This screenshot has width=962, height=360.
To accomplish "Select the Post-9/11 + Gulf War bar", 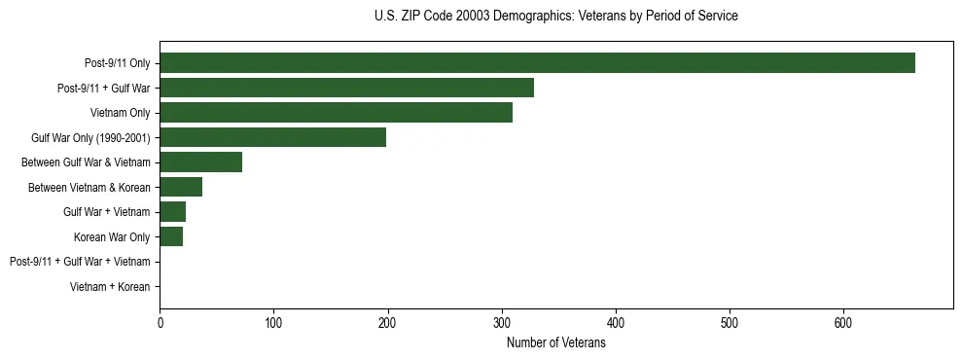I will pos(346,88).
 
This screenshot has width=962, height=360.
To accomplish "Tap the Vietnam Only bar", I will pos(336,113).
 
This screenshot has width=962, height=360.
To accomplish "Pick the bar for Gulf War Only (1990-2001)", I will pos(272,137).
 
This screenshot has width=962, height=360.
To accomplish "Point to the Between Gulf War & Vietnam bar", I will pos(200,162).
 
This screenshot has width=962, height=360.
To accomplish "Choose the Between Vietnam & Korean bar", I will pos(181,187).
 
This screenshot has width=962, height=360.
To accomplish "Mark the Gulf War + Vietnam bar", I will pos(172,212).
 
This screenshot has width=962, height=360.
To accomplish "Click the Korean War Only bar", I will pos(171,236).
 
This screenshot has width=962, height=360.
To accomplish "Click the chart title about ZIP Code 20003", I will pos(555,17).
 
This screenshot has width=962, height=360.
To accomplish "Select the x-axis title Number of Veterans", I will pos(555,343).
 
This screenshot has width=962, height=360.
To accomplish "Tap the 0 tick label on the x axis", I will pos(160,323).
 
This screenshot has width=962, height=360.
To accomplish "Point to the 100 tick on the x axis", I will pos(273,323).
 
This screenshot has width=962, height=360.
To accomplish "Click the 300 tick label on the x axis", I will pos(502,323).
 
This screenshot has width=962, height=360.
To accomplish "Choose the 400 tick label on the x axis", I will pos(616,323).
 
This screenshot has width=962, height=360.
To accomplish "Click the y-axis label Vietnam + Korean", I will pos(110,287).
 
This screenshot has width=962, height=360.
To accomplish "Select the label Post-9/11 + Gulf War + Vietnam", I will pos(80,262).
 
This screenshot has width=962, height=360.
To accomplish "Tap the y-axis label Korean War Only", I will pos(112,237).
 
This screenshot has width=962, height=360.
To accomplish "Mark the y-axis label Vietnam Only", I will pos(120,113).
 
